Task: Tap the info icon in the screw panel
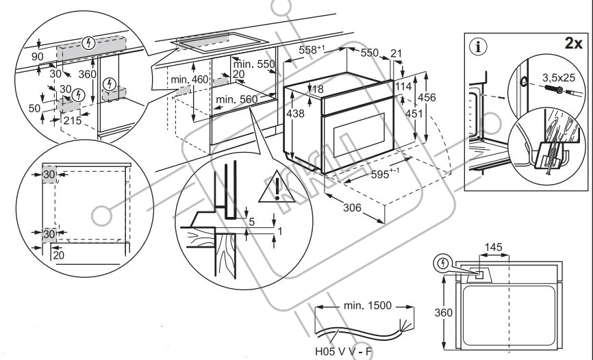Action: coord(479,47)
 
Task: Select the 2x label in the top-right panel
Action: coord(573,44)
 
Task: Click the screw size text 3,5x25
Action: coord(559,77)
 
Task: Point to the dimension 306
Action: coord(352,207)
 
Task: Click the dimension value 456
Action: coord(427,98)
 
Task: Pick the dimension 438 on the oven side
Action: coord(295,113)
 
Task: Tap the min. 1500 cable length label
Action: coord(368,305)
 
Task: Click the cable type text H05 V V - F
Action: coord(343,352)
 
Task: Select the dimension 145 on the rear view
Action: coord(494,247)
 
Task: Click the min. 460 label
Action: coord(190,79)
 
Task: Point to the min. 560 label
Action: coord(236,100)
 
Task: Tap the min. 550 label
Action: coord(254,64)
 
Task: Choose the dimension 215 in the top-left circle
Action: coord(72,120)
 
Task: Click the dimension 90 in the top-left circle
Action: coord(37,57)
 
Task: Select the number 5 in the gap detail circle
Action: coord(251,222)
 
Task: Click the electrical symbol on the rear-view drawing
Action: coord(442,263)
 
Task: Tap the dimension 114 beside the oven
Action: coord(403,87)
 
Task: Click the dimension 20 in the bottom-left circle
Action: coord(59,256)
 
